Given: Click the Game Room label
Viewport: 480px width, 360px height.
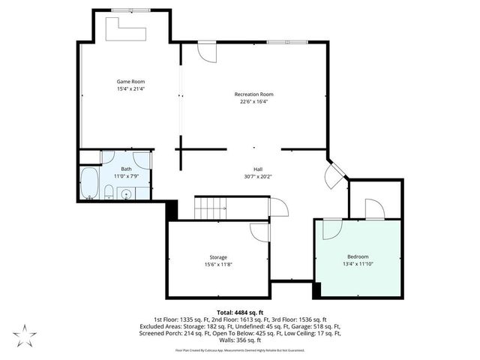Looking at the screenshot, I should (x=130, y=81).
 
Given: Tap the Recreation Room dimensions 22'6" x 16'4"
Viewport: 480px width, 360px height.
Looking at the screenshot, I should (x=253, y=101).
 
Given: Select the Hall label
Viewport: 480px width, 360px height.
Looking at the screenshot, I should (x=257, y=169).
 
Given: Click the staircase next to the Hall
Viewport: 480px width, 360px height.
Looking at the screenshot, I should (x=211, y=208).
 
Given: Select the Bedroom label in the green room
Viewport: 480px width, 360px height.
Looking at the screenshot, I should (x=358, y=256).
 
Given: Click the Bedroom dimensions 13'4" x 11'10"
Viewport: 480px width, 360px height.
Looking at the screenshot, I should (x=358, y=264).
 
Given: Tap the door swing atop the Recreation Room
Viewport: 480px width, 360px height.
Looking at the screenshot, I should (x=204, y=51).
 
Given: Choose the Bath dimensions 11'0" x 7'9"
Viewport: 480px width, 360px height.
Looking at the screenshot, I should (x=126, y=175).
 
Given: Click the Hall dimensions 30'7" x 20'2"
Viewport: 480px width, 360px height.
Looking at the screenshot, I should (x=257, y=177).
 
